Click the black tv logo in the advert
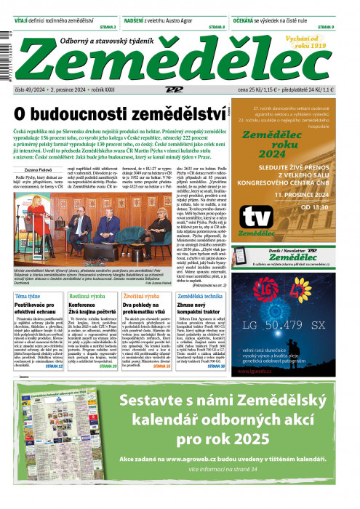click(x=258, y=217)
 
